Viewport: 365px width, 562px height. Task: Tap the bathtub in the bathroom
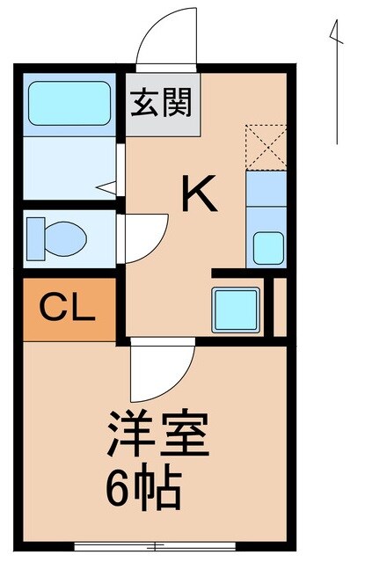pyautogui.click(x=68, y=105)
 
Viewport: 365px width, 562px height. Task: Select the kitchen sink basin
pyautogui.click(x=267, y=246)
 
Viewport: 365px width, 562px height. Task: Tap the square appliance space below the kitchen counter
pyautogui.click(x=235, y=308)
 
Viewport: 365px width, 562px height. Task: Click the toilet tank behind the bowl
pyautogui.click(x=36, y=235)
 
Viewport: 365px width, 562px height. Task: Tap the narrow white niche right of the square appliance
pyautogui.click(x=269, y=306)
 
